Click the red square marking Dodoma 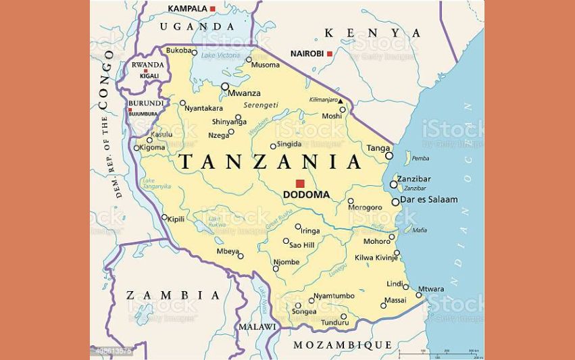(x=300, y=183)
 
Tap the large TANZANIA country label (x=270, y=162)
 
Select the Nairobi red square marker (x=330, y=53)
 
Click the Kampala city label (x=187, y=8)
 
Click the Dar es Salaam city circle (x=395, y=202)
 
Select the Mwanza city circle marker (x=225, y=86)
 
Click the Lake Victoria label (x=221, y=54)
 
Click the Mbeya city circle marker (x=241, y=256)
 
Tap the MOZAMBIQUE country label (x=342, y=345)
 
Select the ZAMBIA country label (x=173, y=295)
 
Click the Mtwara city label (x=432, y=289)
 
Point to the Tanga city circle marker (x=389, y=155)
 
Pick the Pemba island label (x=420, y=159)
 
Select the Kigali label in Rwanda (x=149, y=76)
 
